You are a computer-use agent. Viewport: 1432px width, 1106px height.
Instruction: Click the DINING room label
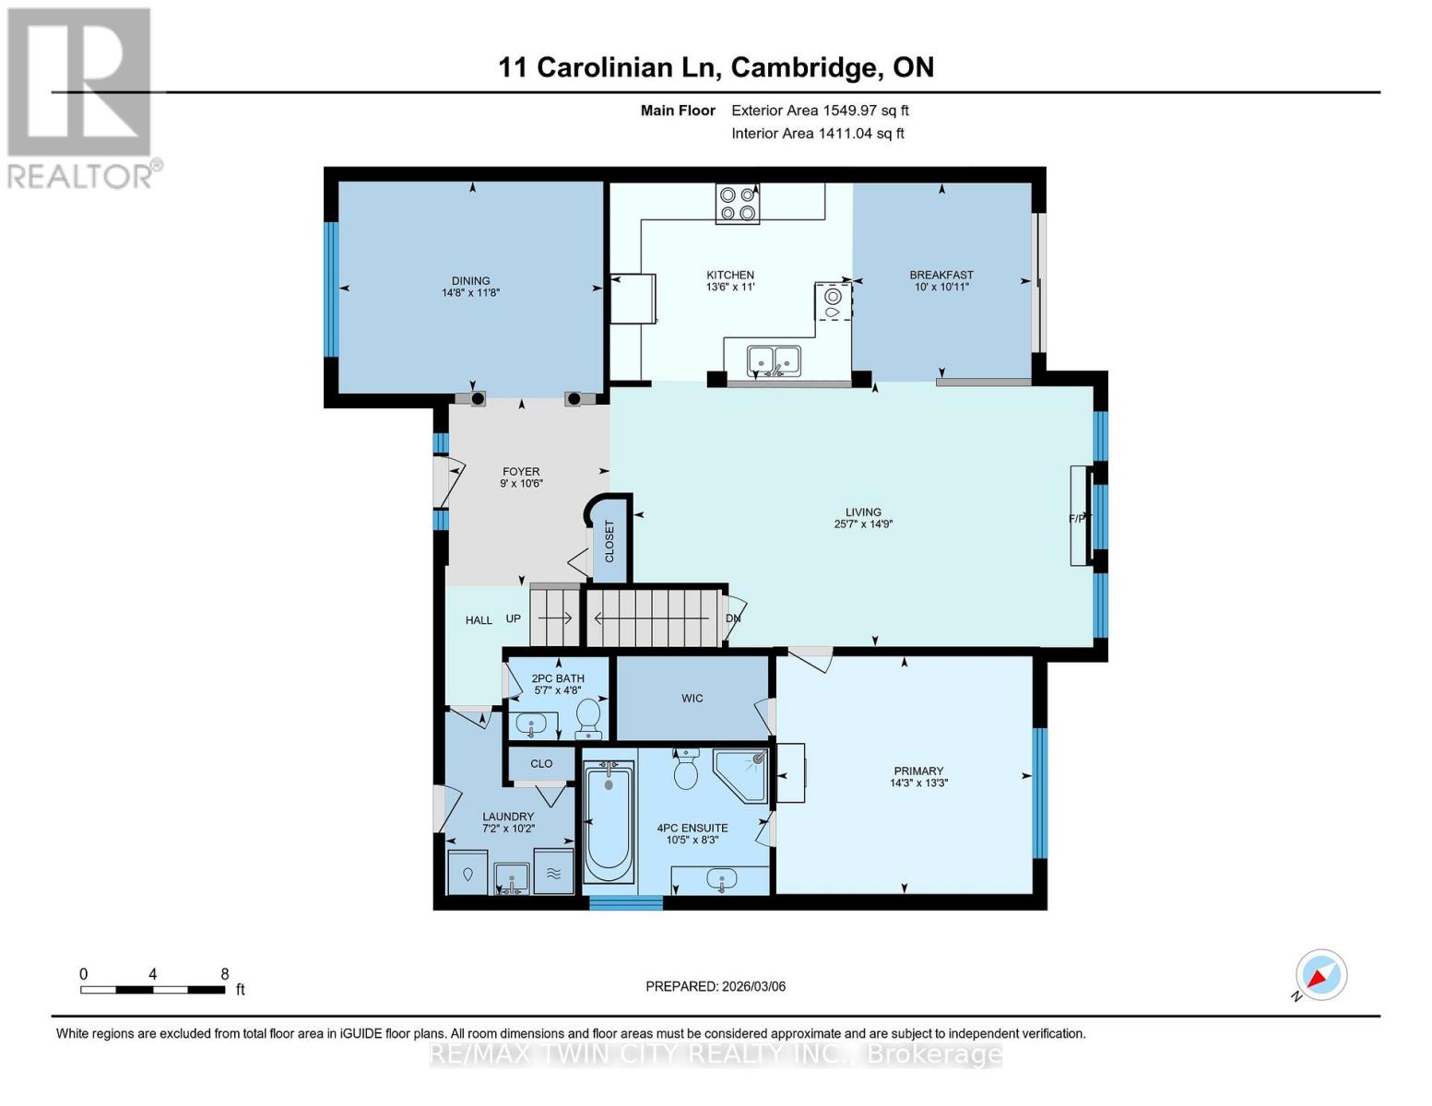click(470, 281)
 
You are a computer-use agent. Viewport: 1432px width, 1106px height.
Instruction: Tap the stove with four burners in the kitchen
click(738, 204)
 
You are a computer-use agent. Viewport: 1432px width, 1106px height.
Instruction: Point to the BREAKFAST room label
click(941, 275)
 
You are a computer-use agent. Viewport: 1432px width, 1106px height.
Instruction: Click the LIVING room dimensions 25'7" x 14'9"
click(863, 524)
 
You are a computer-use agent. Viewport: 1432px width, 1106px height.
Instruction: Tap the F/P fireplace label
click(1077, 519)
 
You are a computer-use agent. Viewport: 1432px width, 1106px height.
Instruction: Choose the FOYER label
click(521, 471)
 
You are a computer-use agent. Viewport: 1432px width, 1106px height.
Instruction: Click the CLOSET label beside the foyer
click(609, 541)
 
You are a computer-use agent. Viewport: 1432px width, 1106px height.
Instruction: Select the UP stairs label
click(514, 618)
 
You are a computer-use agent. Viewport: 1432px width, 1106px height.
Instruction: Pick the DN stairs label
click(733, 618)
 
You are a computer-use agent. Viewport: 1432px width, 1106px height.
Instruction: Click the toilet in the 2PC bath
click(588, 718)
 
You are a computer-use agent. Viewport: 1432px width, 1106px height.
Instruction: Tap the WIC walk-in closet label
click(692, 698)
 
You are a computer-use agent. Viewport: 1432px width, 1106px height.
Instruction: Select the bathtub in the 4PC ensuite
click(609, 820)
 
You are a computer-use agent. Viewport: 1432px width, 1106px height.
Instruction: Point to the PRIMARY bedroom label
click(918, 771)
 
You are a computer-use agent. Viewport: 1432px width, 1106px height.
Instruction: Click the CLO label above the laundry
click(541, 763)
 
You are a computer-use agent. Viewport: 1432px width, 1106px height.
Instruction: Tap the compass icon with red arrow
click(1320, 975)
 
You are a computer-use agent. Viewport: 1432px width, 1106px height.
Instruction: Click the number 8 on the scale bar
click(225, 974)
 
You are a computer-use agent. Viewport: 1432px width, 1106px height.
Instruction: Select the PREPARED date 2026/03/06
click(715, 986)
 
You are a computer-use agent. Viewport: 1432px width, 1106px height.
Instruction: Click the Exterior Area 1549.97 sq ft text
click(820, 111)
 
